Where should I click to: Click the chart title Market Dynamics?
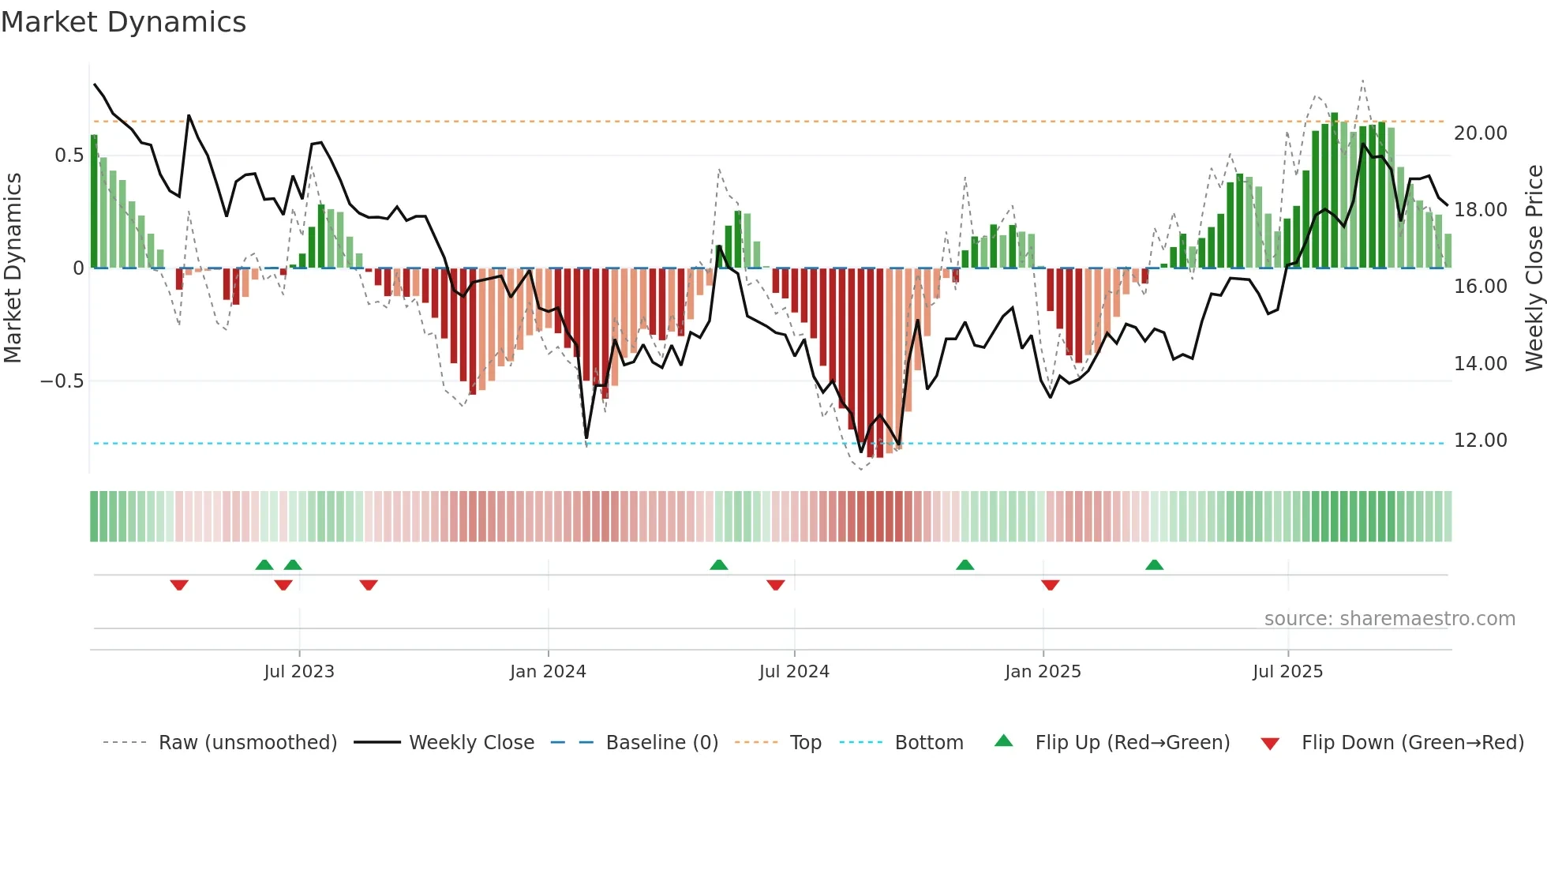tap(124, 22)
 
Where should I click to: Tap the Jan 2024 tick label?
tap(548, 672)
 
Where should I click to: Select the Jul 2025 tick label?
tap(1287, 672)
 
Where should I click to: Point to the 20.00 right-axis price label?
tap(1480, 133)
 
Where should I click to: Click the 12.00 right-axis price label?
tap(1480, 441)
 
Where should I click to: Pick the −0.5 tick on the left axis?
tap(62, 381)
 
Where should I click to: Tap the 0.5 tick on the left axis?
tap(69, 156)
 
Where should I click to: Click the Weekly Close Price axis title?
tap(1533, 268)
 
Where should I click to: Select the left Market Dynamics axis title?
tap(13, 268)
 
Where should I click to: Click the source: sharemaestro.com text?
tap(1389, 619)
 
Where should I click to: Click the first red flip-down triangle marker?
tap(179, 585)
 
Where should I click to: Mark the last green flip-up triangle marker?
tap(1154, 564)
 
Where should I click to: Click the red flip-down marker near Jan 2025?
tap(1050, 585)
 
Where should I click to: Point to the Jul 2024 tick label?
tap(794, 672)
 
